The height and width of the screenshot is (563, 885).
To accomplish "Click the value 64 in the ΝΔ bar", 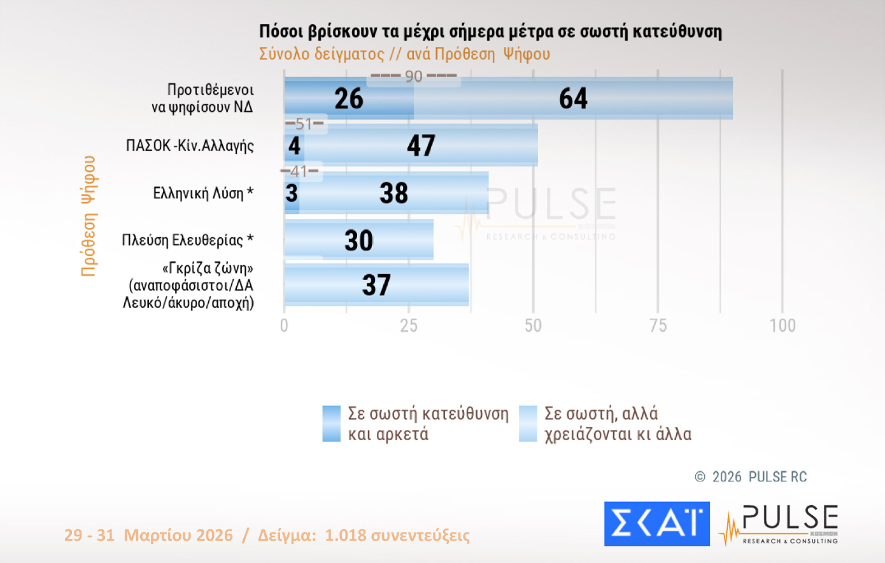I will tap(573, 99).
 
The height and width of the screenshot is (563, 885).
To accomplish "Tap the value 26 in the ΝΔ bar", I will tap(349, 99).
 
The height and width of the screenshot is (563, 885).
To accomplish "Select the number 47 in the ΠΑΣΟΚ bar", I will tap(421, 146).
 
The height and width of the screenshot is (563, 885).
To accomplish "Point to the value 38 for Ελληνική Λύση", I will tap(393, 193).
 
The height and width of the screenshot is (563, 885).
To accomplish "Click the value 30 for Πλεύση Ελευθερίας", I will tap(358, 240).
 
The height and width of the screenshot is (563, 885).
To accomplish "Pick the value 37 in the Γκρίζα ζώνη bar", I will tap(376, 285).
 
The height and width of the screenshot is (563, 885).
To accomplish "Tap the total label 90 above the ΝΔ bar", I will tap(414, 76).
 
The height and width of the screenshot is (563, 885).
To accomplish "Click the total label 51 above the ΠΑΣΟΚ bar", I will tap(304, 123).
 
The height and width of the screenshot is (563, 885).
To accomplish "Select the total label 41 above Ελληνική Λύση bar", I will tap(299, 171).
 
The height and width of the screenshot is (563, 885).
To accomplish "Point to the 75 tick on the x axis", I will tap(658, 326).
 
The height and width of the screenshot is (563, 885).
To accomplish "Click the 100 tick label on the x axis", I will tap(782, 326).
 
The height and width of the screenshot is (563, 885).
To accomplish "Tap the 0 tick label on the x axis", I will tap(284, 326).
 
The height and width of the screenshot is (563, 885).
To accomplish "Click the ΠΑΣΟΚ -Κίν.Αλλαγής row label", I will tap(190, 146).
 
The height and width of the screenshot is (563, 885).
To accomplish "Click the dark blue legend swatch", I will tap(331, 424).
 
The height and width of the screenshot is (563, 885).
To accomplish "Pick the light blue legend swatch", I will tap(528, 424).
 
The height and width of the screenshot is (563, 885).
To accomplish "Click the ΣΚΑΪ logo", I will tap(656, 524).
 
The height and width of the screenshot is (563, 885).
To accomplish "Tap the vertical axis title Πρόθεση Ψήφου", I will tap(88, 216).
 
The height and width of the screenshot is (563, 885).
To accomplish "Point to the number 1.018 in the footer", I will tap(345, 535).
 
